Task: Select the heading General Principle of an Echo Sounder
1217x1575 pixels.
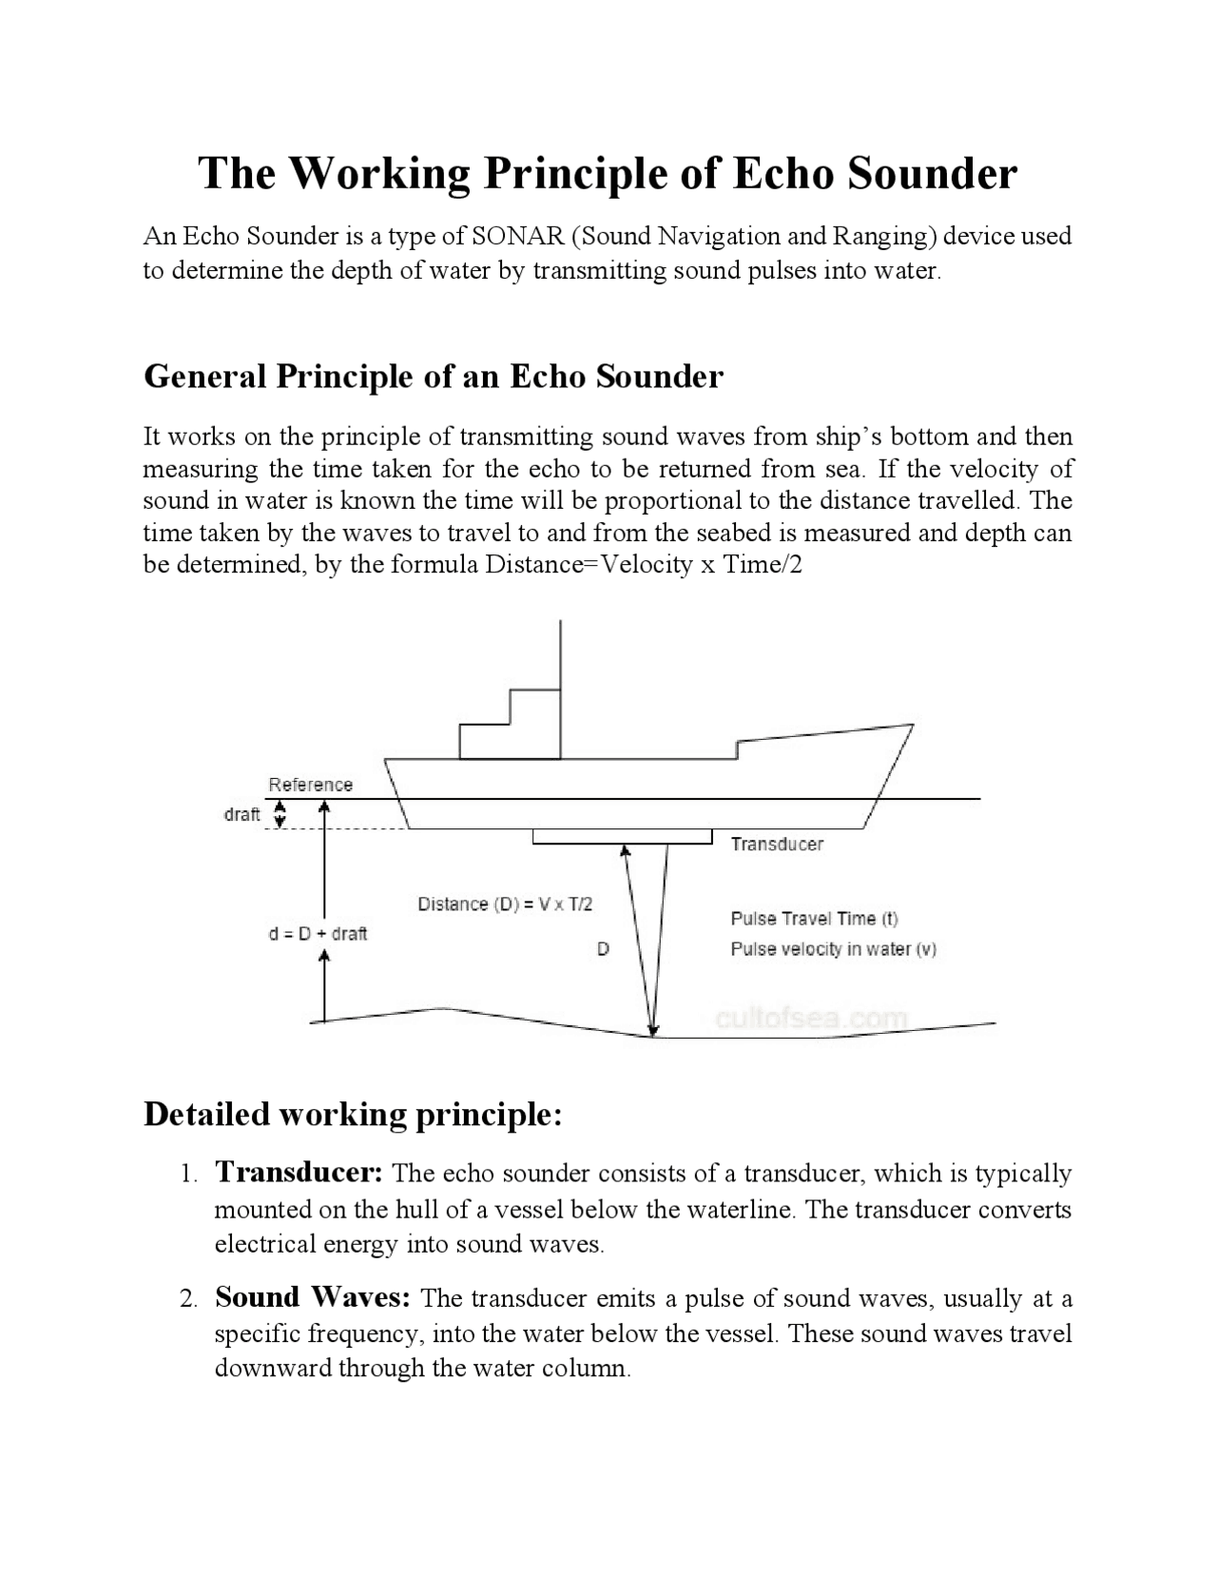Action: tap(433, 377)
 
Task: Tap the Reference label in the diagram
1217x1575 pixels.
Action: tap(310, 785)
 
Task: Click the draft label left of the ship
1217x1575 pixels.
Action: tap(241, 815)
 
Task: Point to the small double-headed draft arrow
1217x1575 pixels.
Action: tap(280, 814)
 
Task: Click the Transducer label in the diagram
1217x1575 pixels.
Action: tap(777, 845)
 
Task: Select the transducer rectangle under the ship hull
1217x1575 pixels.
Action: tap(622, 837)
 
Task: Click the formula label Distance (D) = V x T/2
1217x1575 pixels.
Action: tap(505, 904)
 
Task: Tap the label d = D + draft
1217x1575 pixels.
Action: tap(318, 934)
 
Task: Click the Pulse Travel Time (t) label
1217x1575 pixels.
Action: tap(814, 919)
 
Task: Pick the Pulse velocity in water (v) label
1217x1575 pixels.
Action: tap(833, 949)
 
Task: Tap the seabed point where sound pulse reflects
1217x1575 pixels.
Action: tap(653, 1035)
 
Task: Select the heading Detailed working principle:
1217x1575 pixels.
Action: tap(353, 1114)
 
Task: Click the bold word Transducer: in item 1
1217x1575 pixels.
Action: tap(299, 1173)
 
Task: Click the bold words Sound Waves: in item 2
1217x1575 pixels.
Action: tap(313, 1297)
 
